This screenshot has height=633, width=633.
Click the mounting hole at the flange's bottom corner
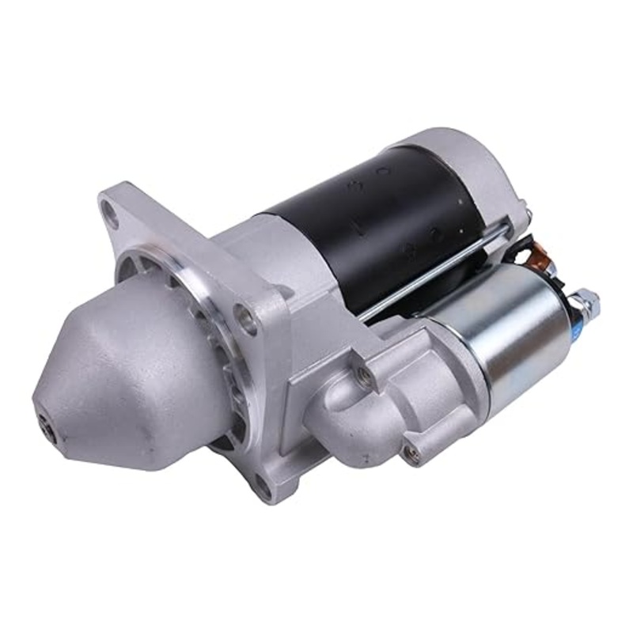point(262,490)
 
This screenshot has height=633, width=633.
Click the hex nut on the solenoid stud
point(586,301)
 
